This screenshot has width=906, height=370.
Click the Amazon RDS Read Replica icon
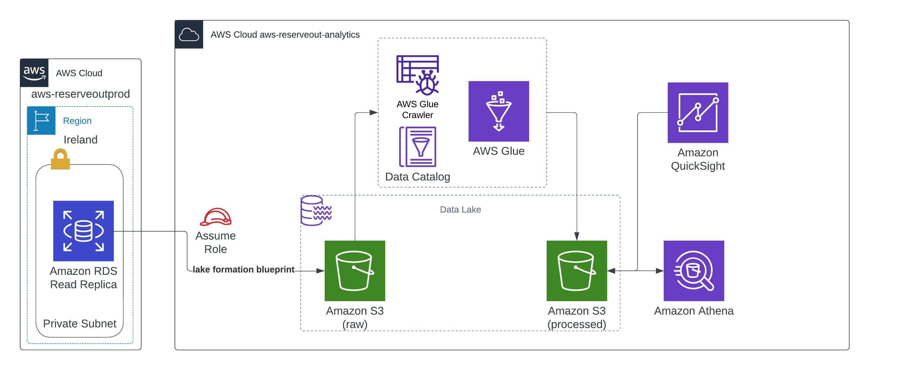[x=83, y=231]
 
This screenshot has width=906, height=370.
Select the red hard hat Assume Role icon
[x=215, y=217]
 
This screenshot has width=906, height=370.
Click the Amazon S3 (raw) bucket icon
[x=355, y=271]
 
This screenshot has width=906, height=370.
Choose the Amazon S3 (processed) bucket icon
[x=576, y=271]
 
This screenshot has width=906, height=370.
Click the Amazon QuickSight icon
[x=698, y=113]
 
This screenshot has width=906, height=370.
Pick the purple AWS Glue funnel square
[x=498, y=111]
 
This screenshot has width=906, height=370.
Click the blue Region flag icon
[x=41, y=120]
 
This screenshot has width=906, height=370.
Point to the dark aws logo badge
[x=34, y=73]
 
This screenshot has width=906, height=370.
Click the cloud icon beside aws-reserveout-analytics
[x=189, y=34]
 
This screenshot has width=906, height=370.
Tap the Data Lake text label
[x=460, y=210]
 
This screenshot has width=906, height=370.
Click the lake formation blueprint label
[x=243, y=269]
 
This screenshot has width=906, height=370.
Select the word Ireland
[x=80, y=140]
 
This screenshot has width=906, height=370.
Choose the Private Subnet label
[x=79, y=323]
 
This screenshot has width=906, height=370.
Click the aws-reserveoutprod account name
[x=80, y=94]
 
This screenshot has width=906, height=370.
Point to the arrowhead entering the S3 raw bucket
[x=320, y=271]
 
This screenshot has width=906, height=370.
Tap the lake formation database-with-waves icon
[x=316, y=210]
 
